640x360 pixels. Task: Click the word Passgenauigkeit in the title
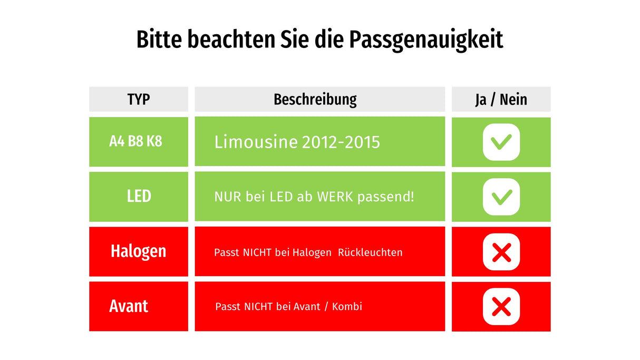[x=425, y=40]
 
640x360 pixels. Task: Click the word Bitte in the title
[x=159, y=40]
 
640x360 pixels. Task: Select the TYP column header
[x=138, y=99]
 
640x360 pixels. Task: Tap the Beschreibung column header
[x=315, y=99]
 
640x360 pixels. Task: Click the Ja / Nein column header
[x=501, y=99]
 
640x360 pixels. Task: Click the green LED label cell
[x=139, y=197]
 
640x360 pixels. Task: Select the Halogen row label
[x=138, y=251]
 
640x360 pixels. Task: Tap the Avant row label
[x=129, y=306]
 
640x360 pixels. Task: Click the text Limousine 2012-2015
[x=297, y=142]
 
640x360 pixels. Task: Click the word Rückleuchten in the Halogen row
[x=371, y=252]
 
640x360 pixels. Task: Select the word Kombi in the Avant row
[x=347, y=306]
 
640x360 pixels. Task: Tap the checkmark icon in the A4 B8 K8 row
[x=501, y=142]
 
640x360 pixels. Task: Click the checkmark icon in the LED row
[x=501, y=197]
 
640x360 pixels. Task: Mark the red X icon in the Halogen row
[x=501, y=252]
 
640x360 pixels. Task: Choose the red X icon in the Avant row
[x=501, y=307]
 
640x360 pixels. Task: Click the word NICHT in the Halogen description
[x=257, y=252]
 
